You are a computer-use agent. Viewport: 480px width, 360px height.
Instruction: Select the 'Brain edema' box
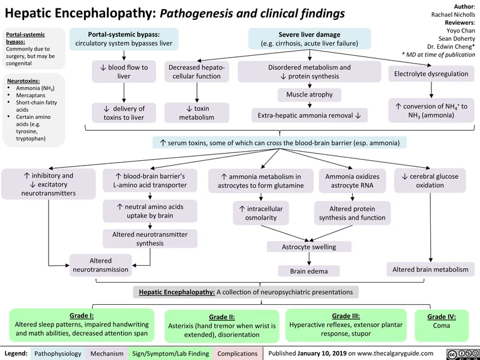pos(309,271)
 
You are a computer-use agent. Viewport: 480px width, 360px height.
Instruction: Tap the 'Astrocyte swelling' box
pos(309,247)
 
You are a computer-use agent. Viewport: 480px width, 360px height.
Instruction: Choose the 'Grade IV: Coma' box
pos(442,321)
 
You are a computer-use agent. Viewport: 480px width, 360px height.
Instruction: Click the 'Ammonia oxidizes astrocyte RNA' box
pos(352,181)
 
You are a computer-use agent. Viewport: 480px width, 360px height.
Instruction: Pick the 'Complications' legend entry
pos(238,353)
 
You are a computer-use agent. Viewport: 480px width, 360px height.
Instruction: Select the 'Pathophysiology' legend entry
pos(58,353)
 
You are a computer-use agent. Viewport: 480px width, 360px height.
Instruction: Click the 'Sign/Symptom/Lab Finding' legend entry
pos(170,353)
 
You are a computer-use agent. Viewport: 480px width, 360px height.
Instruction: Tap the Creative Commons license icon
pos(462,353)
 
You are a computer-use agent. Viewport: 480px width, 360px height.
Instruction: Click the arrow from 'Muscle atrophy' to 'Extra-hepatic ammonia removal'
pos(309,104)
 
